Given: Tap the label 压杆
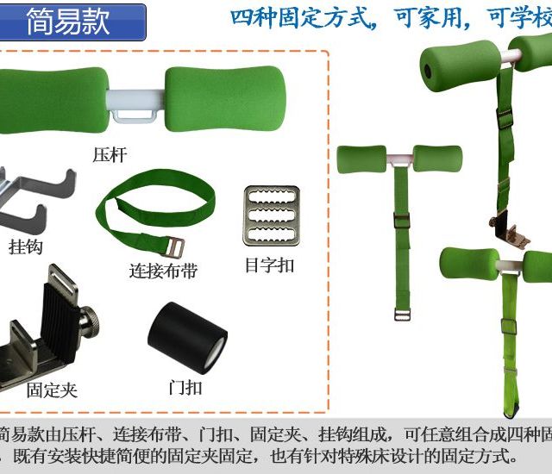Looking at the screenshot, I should pos(110,155).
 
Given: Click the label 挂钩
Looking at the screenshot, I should pos(28,246).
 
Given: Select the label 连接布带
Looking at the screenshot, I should pos(163,271).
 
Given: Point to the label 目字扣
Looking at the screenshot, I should pos(269,265).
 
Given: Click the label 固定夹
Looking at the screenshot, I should pos(52,390).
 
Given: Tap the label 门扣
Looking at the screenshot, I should pos(185,387).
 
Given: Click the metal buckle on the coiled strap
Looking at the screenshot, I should pos(170,248).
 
